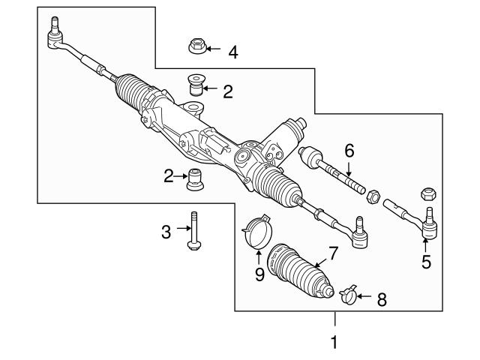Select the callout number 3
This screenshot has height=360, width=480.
[166, 232]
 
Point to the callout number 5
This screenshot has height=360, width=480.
[426, 262]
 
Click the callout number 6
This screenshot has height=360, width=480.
[349, 150]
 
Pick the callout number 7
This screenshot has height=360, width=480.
[333, 253]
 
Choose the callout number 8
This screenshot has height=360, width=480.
[381, 299]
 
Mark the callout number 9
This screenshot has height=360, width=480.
[259, 274]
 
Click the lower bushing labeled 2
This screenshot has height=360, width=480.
[196, 179]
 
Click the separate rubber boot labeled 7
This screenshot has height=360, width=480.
[301, 271]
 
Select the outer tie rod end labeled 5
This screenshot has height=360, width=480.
[415, 220]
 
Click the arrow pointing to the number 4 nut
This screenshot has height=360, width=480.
[213, 51]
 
